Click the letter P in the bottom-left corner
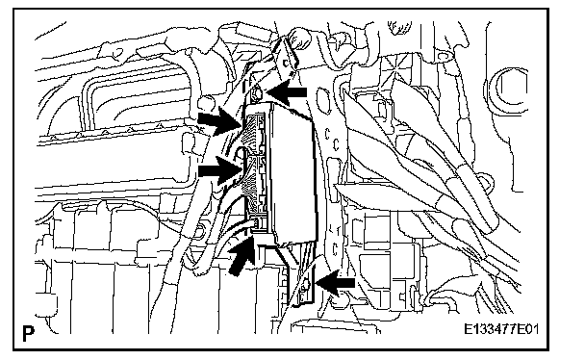(x=28, y=333)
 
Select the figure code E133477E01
(x=501, y=329)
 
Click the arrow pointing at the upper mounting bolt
(x=286, y=91)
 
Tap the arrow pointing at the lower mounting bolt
(x=335, y=283)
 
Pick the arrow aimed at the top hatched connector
(x=220, y=121)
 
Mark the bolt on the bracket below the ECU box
(x=305, y=286)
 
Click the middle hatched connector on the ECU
(x=255, y=175)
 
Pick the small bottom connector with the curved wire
(x=258, y=223)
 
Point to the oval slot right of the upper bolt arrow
(x=321, y=99)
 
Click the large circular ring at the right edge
(x=509, y=89)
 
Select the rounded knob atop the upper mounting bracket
(x=299, y=37)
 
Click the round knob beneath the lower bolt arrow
(x=339, y=299)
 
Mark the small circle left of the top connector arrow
(x=206, y=103)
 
